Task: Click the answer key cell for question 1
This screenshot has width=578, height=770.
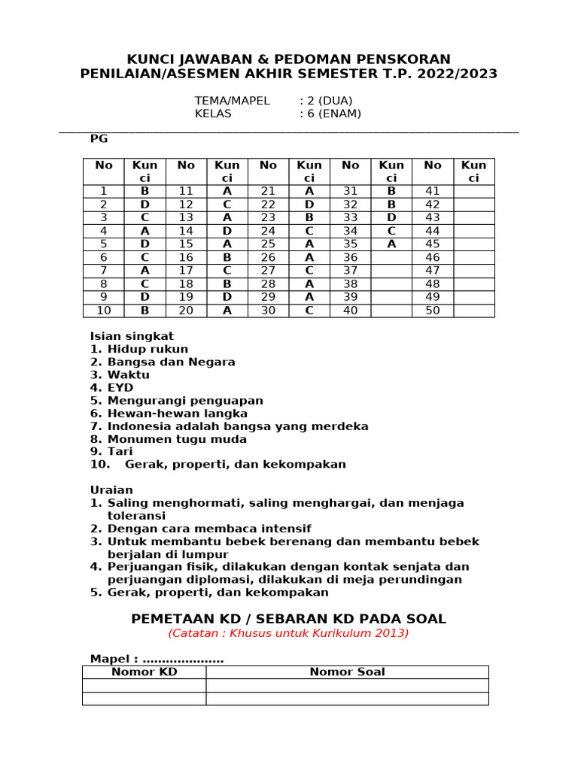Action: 144,191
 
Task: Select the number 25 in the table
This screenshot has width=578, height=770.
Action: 268,244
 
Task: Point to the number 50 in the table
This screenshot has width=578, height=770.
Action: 433,311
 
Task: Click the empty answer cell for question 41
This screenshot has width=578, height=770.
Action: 473,191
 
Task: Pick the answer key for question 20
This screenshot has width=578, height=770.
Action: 227,311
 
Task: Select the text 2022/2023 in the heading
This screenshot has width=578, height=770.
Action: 455,74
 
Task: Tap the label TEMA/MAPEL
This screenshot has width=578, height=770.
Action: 232,101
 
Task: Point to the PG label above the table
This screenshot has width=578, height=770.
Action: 99,138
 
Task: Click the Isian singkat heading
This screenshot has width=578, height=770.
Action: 132,336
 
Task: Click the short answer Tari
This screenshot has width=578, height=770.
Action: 121,452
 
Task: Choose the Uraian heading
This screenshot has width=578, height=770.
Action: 111,490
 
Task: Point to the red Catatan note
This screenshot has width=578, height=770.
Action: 288,633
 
